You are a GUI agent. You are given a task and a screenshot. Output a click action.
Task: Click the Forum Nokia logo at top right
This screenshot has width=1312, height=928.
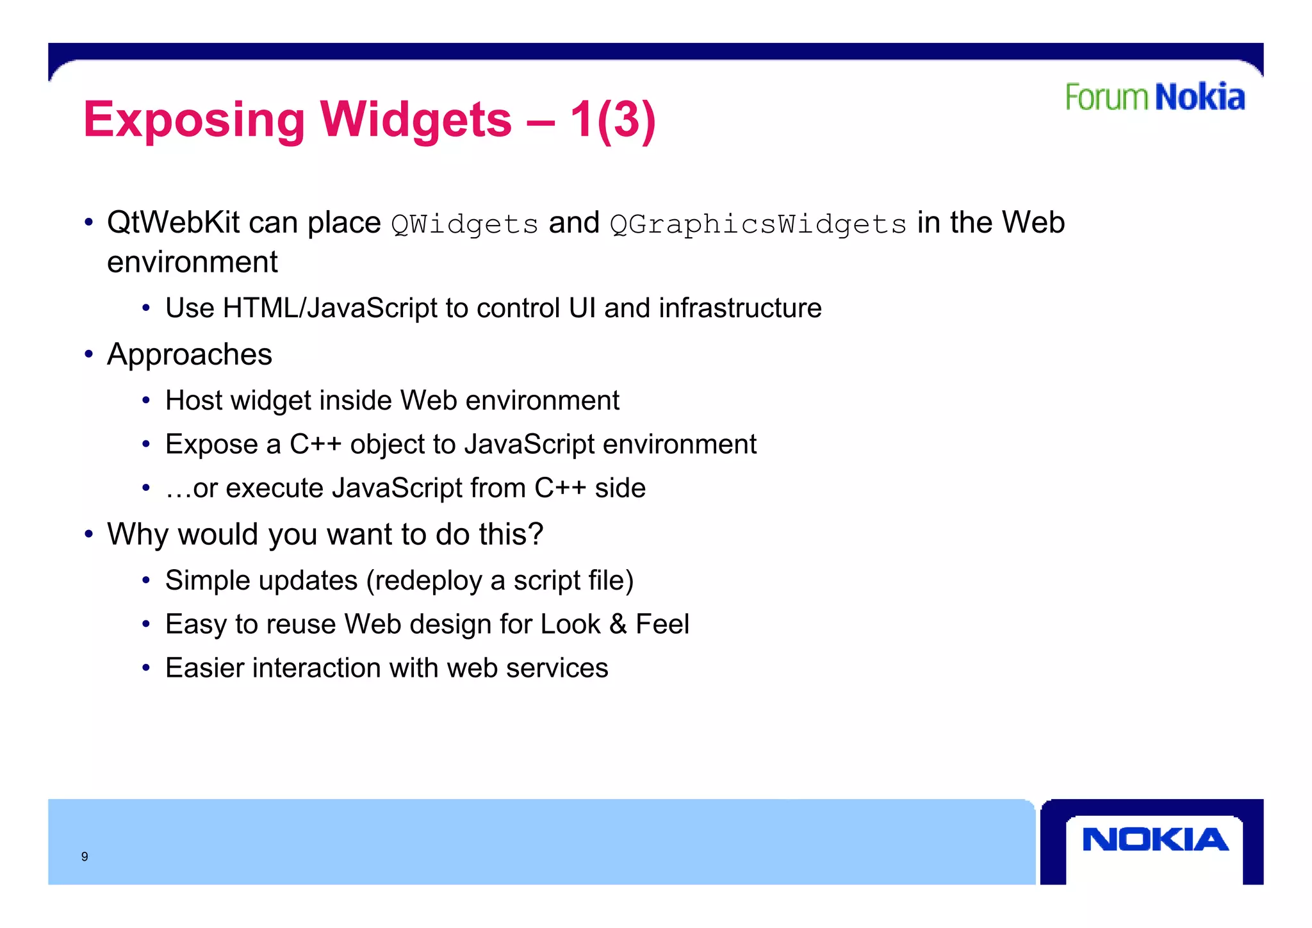[1154, 97]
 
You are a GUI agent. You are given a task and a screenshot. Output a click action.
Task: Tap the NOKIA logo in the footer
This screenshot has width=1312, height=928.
[1155, 840]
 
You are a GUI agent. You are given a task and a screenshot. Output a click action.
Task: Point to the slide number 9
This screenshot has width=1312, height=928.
[85, 856]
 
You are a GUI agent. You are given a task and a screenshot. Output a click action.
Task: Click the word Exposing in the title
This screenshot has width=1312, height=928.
[194, 120]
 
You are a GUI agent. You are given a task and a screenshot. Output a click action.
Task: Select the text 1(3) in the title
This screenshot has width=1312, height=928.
[612, 120]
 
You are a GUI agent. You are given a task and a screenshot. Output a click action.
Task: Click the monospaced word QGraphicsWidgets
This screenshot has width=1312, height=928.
[758, 224]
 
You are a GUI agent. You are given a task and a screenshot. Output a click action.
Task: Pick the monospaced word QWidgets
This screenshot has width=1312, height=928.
[464, 224]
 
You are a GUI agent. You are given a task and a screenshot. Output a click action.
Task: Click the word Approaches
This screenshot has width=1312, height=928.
[190, 354]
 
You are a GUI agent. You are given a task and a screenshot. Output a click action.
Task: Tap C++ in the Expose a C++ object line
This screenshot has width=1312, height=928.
[315, 444]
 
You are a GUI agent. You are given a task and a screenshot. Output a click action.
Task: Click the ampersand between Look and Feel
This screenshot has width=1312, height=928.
[618, 624]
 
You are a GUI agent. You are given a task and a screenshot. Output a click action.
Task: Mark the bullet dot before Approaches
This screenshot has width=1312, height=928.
[89, 354]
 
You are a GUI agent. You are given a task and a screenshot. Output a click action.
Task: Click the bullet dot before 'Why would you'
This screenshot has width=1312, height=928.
[89, 534]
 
